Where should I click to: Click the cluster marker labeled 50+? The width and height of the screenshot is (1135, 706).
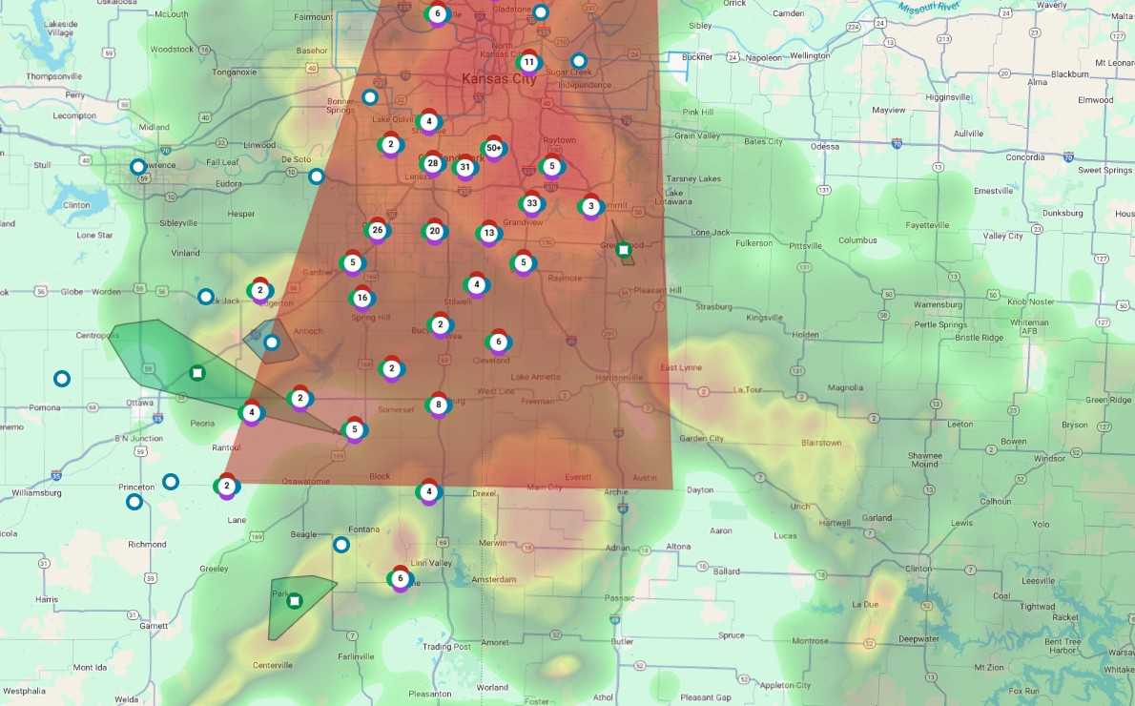click(x=493, y=149)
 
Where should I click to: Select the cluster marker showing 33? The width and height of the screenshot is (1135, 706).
click(x=531, y=203)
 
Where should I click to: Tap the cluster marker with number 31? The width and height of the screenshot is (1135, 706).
click(x=464, y=168)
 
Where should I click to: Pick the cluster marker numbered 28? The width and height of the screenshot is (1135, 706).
click(x=432, y=163)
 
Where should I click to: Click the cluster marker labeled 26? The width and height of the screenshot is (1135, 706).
click(x=377, y=230)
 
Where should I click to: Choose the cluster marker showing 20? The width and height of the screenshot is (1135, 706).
click(x=434, y=231)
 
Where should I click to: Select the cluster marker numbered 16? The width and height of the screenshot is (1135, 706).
click(x=361, y=298)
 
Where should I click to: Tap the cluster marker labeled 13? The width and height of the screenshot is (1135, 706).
click(x=488, y=233)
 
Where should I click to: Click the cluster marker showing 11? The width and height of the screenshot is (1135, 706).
click(x=528, y=63)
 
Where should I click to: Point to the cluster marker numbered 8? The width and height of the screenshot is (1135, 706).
click(x=438, y=405)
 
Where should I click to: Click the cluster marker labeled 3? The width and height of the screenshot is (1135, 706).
click(x=590, y=206)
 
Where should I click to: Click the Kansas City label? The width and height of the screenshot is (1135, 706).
click(x=498, y=79)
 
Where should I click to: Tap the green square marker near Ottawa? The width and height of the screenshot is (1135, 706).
click(x=196, y=372)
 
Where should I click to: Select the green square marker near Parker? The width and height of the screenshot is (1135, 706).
click(x=295, y=600)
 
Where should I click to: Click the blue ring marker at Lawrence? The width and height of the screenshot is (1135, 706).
click(x=138, y=167)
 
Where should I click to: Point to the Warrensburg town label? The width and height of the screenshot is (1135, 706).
click(x=939, y=304)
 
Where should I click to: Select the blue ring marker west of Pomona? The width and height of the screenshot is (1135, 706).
click(x=62, y=379)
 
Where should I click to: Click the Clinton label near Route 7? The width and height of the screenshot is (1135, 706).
click(x=918, y=569)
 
